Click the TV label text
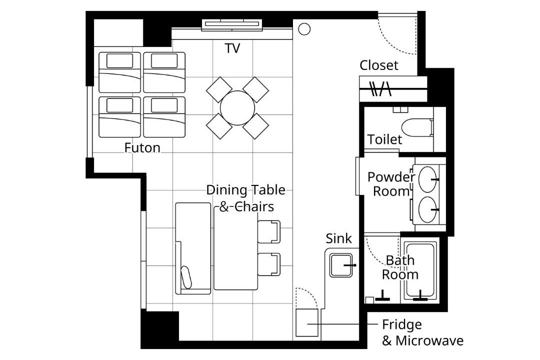point(232,48)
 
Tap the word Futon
point(142,148)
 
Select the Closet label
point(379,65)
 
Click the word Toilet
point(384,139)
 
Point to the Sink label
point(339,238)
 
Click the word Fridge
point(402,324)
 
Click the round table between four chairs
point(237,108)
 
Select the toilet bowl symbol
point(417,127)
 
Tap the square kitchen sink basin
point(341,265)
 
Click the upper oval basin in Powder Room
point(427,179)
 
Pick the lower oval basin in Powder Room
point(427,209)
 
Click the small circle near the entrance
point(304,29)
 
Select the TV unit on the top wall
point(232,24)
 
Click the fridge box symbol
point(307,323)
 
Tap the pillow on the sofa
point(186,277)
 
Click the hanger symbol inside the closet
point(380,88)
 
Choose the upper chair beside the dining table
point(269,231)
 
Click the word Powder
point(391,177)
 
